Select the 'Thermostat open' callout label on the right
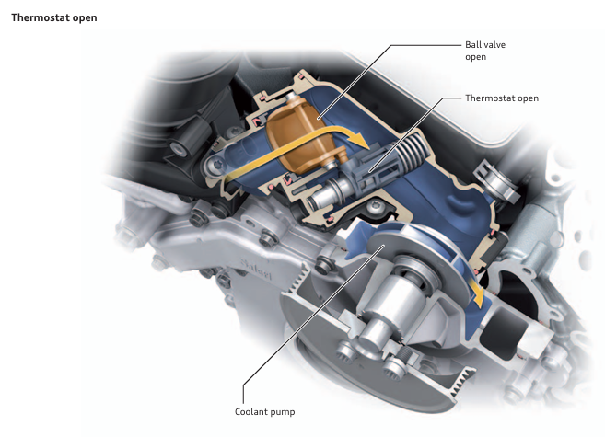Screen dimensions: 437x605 (x=502, y=98)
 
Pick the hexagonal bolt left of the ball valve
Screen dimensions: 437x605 (x=214, y=167)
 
